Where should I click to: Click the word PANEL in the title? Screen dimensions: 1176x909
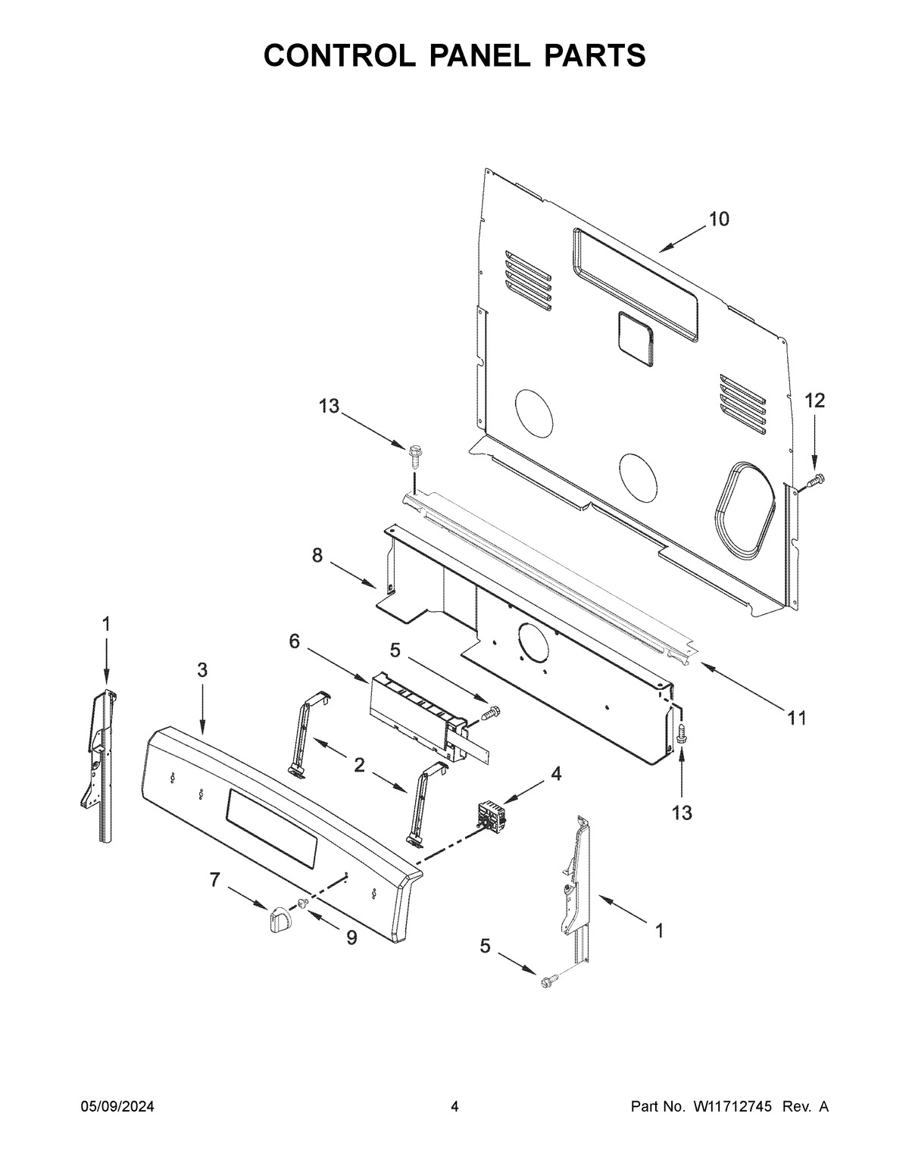click(454, 55)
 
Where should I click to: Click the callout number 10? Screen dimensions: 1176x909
click(718, 220)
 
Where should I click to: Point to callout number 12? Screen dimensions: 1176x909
click(814, 401)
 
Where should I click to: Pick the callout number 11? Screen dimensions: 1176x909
click(796, 718)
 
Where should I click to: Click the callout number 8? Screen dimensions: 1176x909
click(317, 557)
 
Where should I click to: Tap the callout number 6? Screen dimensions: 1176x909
click(294, 641)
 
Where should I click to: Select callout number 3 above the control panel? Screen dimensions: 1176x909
click(202, 670)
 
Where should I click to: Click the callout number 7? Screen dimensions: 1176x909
click(215, 880)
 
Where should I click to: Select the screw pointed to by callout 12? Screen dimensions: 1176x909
click(816, 479)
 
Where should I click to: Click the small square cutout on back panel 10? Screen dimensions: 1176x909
click(636, 334)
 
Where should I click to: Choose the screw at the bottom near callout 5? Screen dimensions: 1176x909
click(547, 981)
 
